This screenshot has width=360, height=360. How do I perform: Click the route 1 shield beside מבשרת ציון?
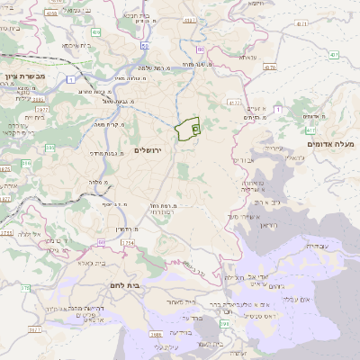click(70, 80)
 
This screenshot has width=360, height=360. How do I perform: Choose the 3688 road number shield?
click(157, 335)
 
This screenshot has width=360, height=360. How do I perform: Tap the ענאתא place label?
click(248, 57)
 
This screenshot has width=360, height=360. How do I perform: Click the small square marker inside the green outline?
click(195, 130)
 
